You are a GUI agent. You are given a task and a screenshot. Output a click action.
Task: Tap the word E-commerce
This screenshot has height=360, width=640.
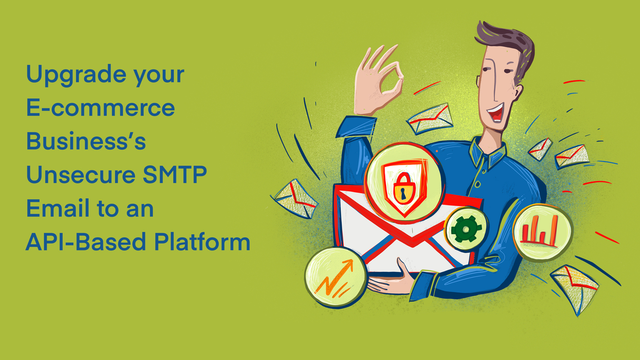[x=100, y=108]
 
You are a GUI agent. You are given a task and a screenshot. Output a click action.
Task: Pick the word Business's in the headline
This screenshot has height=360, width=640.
[x=86, y=141]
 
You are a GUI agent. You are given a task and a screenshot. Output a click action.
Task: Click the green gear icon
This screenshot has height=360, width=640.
[x=466, y=229]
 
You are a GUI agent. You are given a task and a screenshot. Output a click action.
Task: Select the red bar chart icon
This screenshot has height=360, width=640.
[x=540, y=231]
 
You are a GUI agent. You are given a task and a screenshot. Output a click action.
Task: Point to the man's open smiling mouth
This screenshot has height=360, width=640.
[x=496, y=112]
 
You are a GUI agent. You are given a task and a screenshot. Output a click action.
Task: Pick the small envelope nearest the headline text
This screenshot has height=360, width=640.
[x=295, y=198]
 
